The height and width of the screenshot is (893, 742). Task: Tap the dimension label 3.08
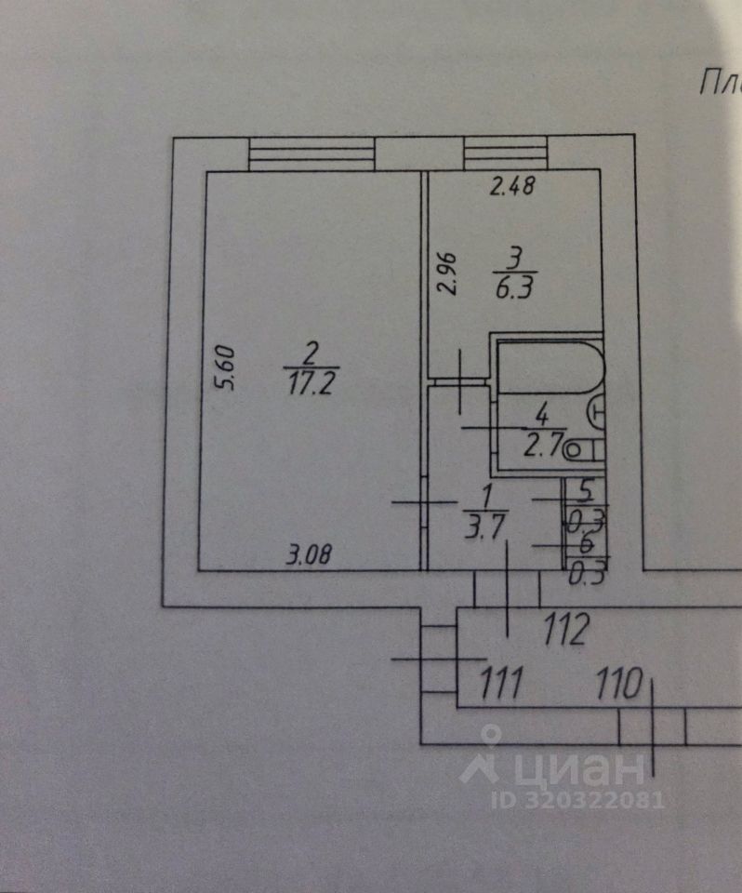(x=309, y=557)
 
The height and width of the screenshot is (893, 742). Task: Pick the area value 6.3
(x=513, y=288)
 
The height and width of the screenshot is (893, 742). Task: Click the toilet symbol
(x=584, y=450)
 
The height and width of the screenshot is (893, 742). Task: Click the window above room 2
(x=311, y=153)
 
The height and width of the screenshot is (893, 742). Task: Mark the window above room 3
(x=505, y=153)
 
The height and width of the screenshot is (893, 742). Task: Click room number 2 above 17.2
(x=311, y=353)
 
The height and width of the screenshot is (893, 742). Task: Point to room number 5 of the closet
(x=586, y=486)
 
